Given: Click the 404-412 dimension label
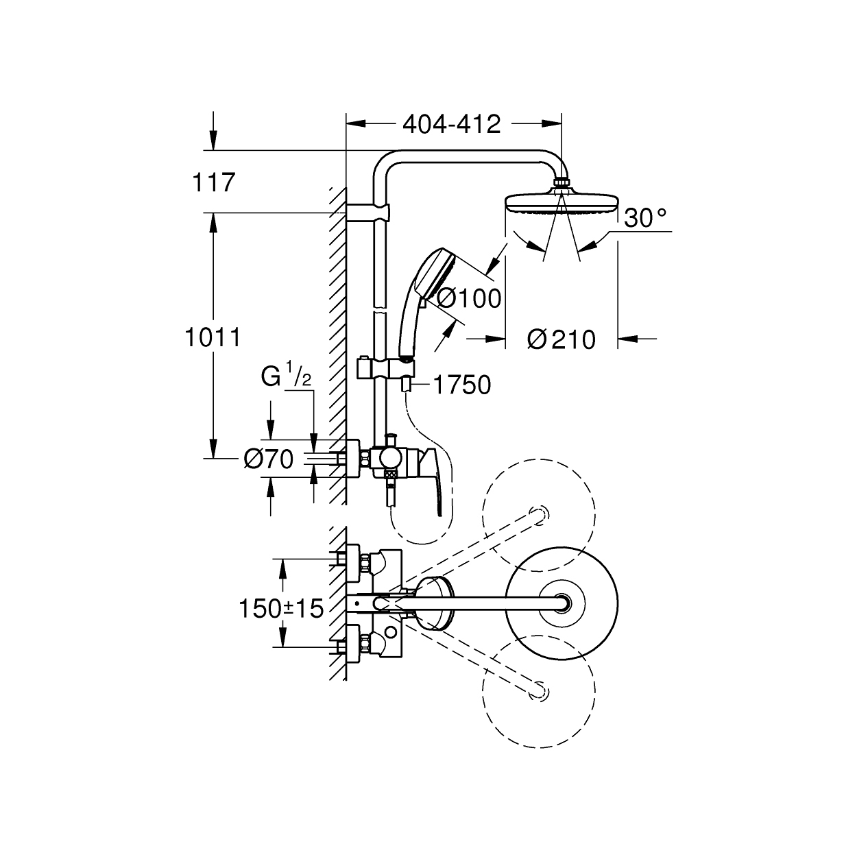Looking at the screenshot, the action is [x=451, y=125].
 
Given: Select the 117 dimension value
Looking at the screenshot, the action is [x=213, y=183].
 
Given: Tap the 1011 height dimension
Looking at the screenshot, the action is [x=213, y=337].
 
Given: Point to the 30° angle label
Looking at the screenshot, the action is [x=645, y=218].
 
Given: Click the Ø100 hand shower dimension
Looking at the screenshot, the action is [x=469, y=298].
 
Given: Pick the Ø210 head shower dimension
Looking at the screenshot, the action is [x=562, y=340].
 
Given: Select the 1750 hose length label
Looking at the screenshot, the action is [x=461, y=385].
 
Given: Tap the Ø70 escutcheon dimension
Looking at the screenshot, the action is [x=269, y=459].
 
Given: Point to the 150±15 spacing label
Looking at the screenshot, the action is [x=281, y=608].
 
